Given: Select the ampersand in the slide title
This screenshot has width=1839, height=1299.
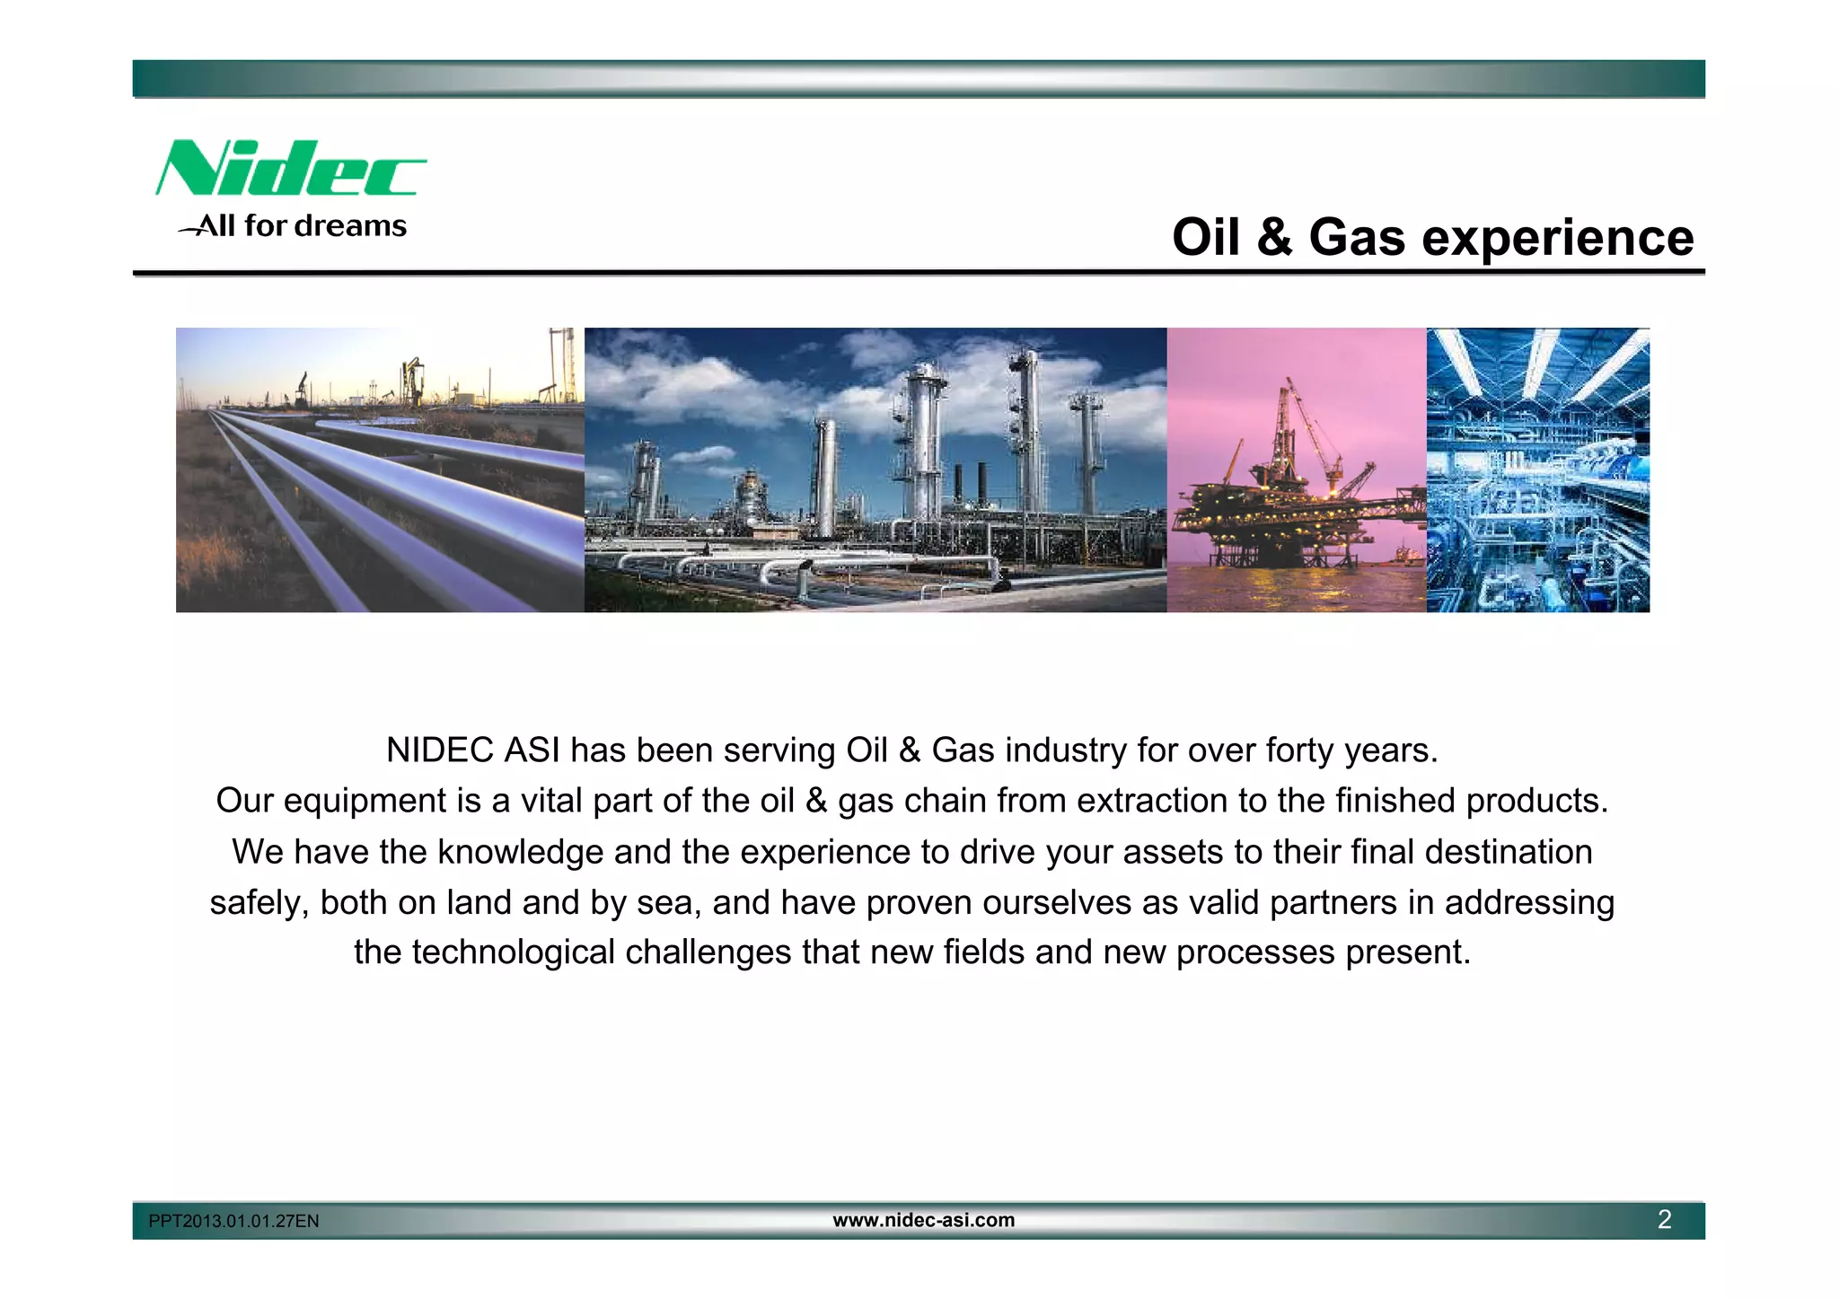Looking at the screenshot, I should coord(1273,238).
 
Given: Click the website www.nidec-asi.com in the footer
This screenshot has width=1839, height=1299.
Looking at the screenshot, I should coord(923,1220).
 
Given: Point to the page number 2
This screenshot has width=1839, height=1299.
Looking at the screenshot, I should coord(1664,1220).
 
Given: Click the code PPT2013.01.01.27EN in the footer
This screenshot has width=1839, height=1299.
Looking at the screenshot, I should coord(233,1221).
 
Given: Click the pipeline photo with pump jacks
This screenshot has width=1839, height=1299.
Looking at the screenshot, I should coord(379,470).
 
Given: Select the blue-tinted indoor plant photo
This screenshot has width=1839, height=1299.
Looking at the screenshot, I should coord(1537,470).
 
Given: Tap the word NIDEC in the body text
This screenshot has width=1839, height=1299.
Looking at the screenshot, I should coord(440,750).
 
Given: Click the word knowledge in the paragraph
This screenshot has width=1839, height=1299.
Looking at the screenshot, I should coord(520,852).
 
